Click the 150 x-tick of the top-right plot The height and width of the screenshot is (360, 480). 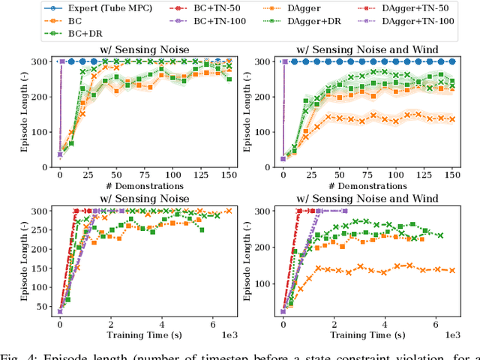click(452, 174)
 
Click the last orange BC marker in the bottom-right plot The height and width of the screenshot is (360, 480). click(452, 270)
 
